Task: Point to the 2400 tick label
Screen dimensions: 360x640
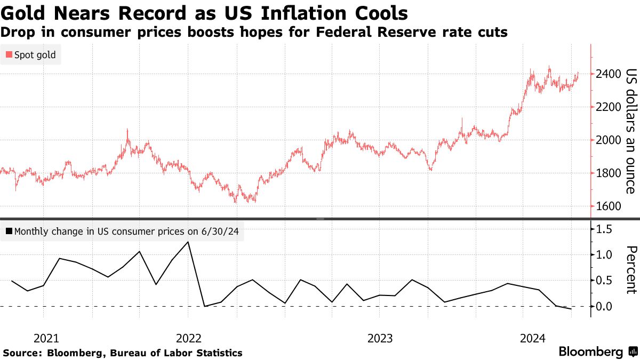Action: click(608, 74)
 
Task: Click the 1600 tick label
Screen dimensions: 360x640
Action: click(608, 206)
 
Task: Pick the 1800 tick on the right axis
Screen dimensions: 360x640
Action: click(608, 173)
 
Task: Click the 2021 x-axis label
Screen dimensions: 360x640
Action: click(46, 338)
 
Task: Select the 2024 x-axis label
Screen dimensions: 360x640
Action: click(532, 338)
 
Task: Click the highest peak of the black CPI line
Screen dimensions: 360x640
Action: click(188, 242)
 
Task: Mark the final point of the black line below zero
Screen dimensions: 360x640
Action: click(571, 309)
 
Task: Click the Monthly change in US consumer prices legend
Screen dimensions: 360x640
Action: click(122, 231)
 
